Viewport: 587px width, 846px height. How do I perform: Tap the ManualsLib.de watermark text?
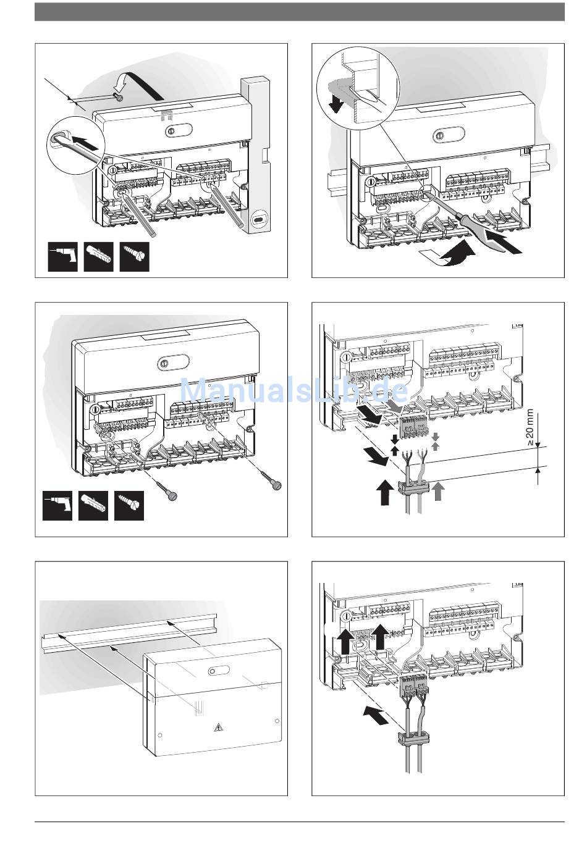pyautogui.click(x=293, y=390)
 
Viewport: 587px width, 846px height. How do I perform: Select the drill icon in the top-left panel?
pyautogui.click(x=63, y=256)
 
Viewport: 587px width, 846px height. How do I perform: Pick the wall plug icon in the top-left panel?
pyautogui.click(x=99, y=256)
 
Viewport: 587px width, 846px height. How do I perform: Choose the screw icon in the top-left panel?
pyautogui.click(x=135, y=256)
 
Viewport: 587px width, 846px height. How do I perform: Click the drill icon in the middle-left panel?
pyautogui.click(x=57, y=505)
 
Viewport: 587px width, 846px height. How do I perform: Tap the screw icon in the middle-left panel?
pyautogui.click(x=129, y=505)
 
